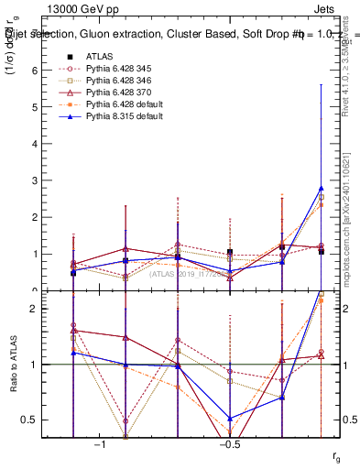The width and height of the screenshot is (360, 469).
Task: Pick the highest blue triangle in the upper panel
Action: pos(321,188)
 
